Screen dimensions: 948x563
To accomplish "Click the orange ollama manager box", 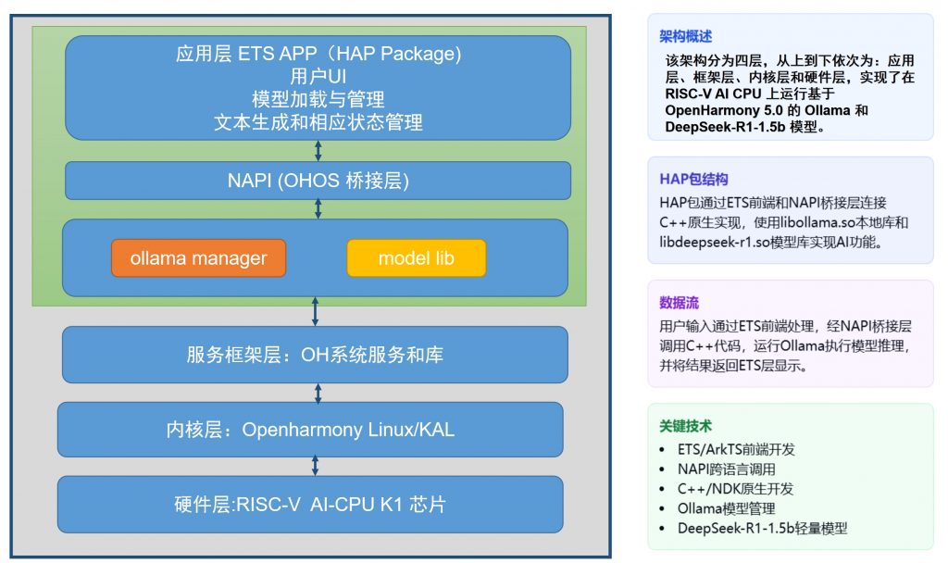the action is point(198,258).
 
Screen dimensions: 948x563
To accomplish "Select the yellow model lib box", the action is point(416,258).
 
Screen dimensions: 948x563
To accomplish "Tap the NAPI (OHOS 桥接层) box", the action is point(318,181).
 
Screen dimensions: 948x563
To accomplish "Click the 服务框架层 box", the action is point(315,355).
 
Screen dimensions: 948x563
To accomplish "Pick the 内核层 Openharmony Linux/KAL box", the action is point(310,430).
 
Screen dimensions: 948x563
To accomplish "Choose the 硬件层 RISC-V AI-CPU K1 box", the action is point(310,505).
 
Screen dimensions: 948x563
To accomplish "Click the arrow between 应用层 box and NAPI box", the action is point(318,151).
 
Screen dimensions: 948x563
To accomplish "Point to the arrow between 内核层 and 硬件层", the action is point(315,467).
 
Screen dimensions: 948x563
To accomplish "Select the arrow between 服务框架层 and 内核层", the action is point(318,393).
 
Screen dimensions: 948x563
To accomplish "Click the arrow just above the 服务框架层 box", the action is point(315,311).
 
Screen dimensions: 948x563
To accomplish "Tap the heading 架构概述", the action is point(686,36).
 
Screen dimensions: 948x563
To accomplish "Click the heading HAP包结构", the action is point(693,179).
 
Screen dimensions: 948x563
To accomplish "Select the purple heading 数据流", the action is point(679,303).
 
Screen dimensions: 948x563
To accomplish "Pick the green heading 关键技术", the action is point(686,426).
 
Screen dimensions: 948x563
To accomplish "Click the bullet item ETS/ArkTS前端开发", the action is point(736,449).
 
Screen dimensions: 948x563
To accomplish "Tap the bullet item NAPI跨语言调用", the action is point(726,469).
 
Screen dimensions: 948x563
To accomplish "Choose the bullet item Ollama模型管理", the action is point(726,508).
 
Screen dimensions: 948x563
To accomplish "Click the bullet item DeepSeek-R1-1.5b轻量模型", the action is point(763,529).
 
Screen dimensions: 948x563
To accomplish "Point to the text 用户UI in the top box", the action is point(318,76).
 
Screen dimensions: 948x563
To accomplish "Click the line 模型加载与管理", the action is point(318,99).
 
